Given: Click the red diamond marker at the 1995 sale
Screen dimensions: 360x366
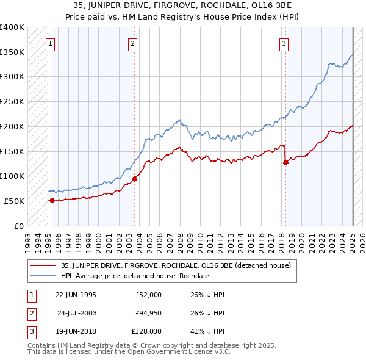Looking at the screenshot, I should click(52, 200).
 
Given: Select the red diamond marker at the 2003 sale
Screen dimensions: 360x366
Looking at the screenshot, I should click(135, 178).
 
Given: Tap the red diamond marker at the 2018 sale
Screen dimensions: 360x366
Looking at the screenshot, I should click(285, 162).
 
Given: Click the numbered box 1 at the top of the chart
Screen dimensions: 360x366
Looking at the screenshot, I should click(49, 43).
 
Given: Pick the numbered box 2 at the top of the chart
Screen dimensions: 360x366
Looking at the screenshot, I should click(132, 43).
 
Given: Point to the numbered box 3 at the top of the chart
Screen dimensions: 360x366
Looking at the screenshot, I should click(284, 43).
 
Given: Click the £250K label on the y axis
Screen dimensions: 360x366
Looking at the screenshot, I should click(12, 101).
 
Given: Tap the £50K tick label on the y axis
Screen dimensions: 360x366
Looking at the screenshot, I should click(14, 201).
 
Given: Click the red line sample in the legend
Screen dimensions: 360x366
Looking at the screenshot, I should click(43, 265).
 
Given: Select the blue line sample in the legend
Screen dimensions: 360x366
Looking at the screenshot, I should click(43, 276).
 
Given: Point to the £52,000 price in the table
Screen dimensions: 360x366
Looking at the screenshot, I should click(148, 295).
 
